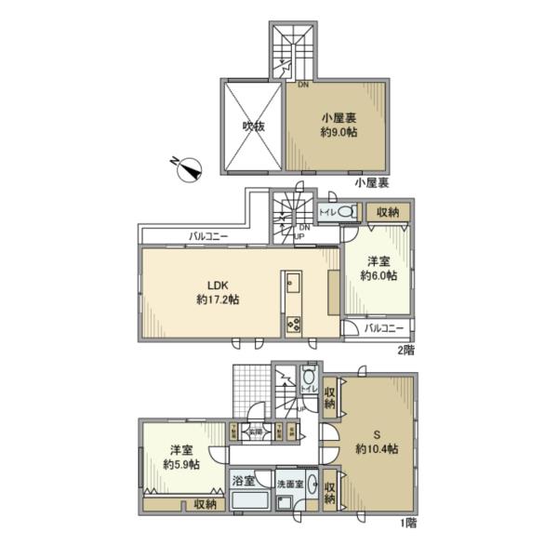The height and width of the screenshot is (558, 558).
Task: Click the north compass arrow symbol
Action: point(191,168)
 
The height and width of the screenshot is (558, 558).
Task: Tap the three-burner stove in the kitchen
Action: point(293,325)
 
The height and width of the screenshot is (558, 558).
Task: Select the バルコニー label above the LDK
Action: point(207,236)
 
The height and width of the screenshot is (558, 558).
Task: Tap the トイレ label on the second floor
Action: point(327,213)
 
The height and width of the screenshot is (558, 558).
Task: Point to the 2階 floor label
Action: point(406,350)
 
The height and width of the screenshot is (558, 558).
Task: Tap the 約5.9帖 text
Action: point(180,465)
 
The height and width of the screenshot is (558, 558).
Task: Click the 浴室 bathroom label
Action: point(244,485)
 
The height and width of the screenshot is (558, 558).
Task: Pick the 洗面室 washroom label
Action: point(290,485)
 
